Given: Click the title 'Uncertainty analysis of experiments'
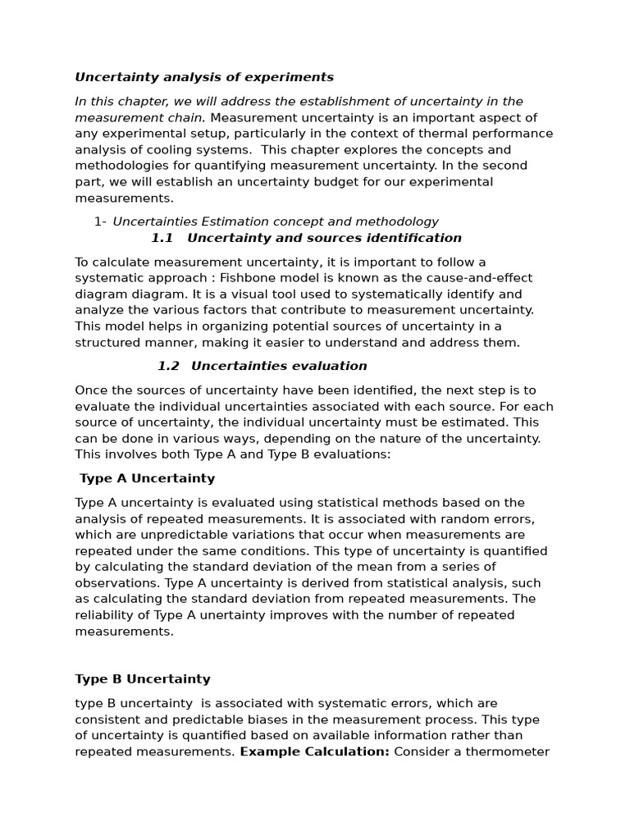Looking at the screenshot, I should pyautogui.click(x=204, y=77).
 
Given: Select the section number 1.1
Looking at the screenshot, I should pyautogui.click(x=162, y=238).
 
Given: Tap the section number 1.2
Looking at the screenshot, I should pyautogui.click(x=168, y=366).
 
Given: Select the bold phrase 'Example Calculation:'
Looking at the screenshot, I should pyautogui.click(x=314, y=751).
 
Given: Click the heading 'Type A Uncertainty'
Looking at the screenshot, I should pyautogui.click(x=147, y=478).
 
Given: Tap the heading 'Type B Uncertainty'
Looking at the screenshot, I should pyautogui.click(x=143, y=679).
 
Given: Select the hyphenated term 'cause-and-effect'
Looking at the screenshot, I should pyautogui.click(x=484, y=278).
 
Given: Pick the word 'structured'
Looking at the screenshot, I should pyautogui.click(x=106, y=343).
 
